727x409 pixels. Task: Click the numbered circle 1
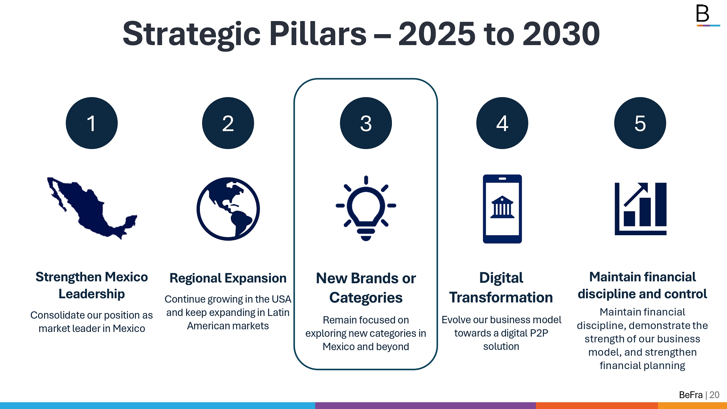click(92, 123)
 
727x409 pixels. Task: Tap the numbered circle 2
click(228, 123)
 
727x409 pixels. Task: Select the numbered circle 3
click(366, 123)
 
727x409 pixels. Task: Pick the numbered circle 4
click(502, 123)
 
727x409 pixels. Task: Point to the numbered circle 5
click(640, 123)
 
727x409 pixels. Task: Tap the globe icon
click(228, 209)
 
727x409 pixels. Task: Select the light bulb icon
click(366, 208)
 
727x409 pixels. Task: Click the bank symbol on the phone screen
click(502, 207)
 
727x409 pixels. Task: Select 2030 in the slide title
click(561, 34)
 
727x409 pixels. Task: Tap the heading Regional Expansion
click(228, 278)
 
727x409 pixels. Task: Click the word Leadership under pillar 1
click(92, 294)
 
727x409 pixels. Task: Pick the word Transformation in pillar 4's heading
click(501, 297)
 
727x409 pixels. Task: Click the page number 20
click(714, 395)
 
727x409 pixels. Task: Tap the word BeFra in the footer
click(691, 395)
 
